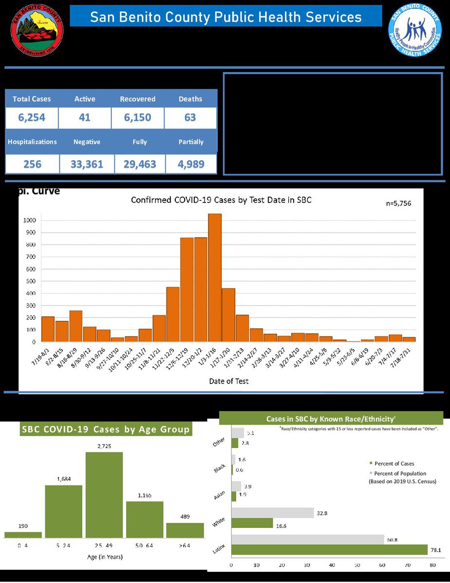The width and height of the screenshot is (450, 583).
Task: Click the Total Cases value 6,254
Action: coord(32,117)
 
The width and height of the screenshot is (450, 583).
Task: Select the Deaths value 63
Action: coord(190,117)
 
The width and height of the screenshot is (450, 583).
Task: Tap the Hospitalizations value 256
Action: coord(32,164)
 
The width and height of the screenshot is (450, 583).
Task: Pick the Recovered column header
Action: coord(137,99)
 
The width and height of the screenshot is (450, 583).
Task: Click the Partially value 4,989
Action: coord(191,164)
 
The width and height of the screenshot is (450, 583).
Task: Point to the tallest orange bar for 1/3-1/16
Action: coord(215,278)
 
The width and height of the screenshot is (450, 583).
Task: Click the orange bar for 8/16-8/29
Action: coord(75,326)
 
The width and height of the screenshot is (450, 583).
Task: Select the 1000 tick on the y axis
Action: coord(30,220)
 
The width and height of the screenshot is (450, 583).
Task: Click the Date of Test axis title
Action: coord(229,381)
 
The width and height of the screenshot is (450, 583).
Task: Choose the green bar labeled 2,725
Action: coord(104,495)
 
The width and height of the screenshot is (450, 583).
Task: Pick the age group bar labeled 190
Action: coord(23,535)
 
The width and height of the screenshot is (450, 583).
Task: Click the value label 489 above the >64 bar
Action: coord(185,517)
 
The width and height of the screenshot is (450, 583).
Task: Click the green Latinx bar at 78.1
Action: coord(329,549)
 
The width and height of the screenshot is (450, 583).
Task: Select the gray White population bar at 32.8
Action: coord(272,512)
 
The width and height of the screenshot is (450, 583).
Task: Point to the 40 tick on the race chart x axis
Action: coord(332,565)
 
